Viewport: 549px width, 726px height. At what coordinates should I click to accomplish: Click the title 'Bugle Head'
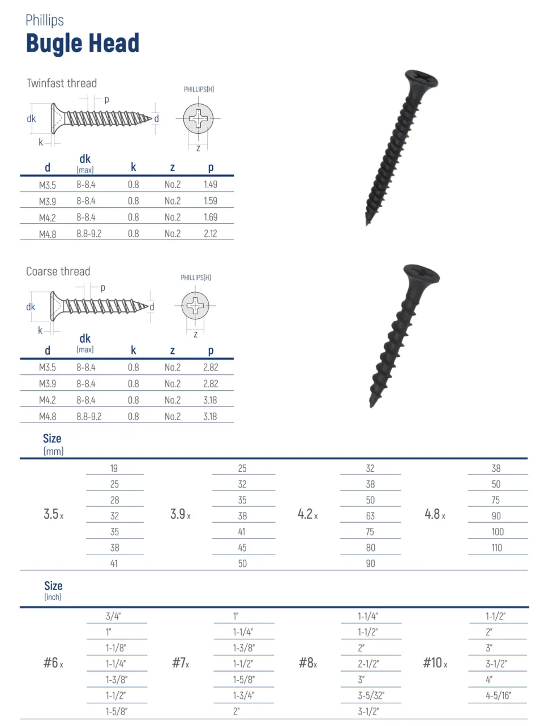coord(83,44)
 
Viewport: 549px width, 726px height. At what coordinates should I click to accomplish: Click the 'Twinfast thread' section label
coord(62,83)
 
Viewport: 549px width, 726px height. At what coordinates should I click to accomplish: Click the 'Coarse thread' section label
coord(58,271)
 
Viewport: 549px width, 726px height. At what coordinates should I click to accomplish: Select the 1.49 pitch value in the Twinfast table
coord(211,185)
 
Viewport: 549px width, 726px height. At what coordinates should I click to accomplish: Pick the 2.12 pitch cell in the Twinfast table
coord(211,233)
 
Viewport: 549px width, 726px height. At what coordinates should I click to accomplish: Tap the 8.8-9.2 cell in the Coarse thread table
coord(89,416)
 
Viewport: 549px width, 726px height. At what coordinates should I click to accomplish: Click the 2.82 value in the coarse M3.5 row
coord(211,368)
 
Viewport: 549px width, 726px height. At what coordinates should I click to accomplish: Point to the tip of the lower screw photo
coord(372,404)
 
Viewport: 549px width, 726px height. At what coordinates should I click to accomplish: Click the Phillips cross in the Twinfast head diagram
coord(199,119)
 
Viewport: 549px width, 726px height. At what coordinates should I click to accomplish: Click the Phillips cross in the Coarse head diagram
coord(195,306)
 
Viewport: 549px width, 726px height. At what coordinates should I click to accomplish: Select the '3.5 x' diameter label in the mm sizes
coord(53,514)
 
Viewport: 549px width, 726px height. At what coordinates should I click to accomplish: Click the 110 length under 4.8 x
coord(497,548)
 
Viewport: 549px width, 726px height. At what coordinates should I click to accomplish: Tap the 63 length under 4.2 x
coord(370,516)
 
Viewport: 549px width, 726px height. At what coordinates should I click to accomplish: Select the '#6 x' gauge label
coord(53,663)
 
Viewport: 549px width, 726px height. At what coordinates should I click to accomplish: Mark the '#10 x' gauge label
coord(435,663)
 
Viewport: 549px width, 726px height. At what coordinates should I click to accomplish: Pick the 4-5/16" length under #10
coord(498,695)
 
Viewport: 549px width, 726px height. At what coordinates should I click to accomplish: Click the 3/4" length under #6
coord(113,616)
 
